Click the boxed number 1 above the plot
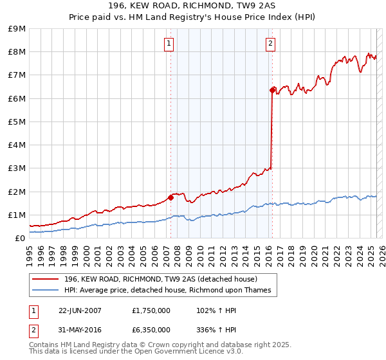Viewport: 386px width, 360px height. pyautogui.click(x=169, y=44)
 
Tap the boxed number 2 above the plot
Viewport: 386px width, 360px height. pyautogui.click(x=270, y=44)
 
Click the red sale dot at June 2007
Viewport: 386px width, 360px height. pyautogui.click(x=170, y=197)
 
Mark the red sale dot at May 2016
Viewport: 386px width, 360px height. pyautogui.click(x=272, y=90)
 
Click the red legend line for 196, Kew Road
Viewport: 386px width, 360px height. pyautogui.click(x=45, y=279)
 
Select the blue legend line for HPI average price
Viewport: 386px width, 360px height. pyautogui.click(x=45, y=290)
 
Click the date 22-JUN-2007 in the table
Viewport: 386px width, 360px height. pyautogui.click(x=80, y=310)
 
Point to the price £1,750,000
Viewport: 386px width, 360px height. pyautogui.click(x=151, y=310)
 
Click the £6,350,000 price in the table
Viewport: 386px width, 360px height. pyautogui.click(x=151, y=330)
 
